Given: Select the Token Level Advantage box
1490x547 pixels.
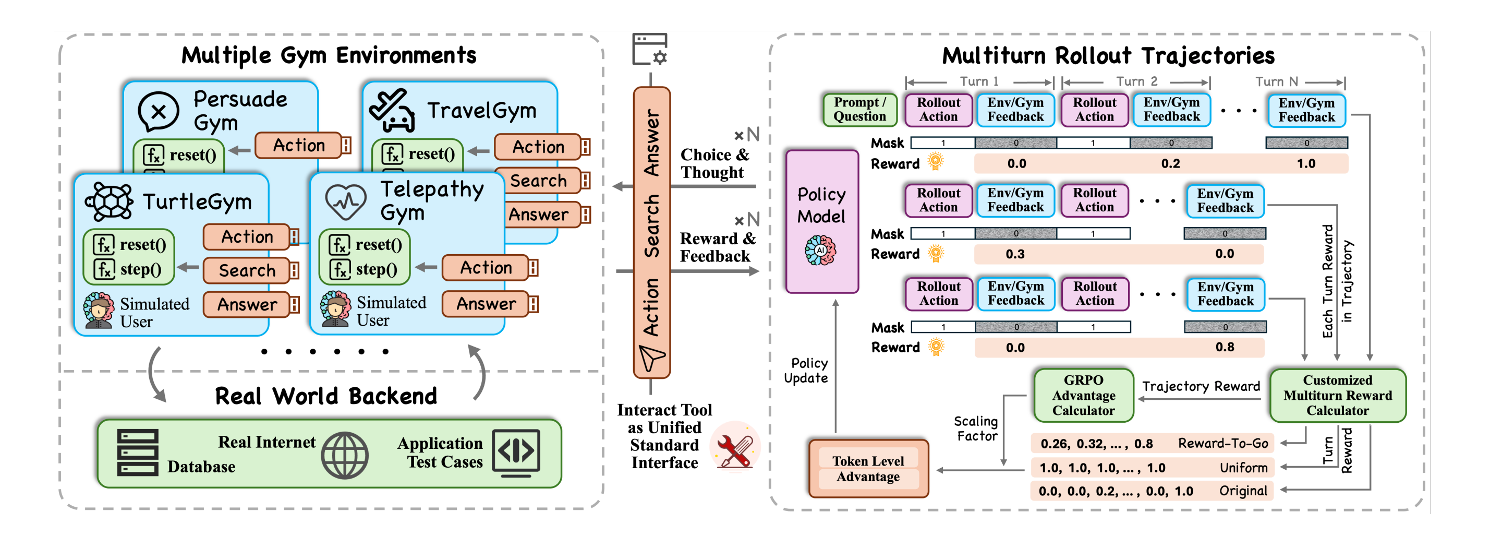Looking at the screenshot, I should (x=868, y=468).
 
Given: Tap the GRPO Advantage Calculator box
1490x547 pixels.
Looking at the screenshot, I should (x=1083, y=395).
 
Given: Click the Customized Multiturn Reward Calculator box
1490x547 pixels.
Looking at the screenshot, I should (x=1337, y=395).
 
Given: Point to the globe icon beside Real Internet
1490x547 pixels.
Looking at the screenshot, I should (x=345, y=456).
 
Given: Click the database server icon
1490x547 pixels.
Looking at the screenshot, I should (x=138, y=453).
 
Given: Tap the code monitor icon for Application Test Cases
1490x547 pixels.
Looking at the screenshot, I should (x=516, y=452).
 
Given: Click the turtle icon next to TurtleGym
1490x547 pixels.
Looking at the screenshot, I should (x=110, y=201).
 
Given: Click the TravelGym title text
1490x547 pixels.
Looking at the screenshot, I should (x=481, y=110).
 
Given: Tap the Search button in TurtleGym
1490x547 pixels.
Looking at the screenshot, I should (x=247, y=270).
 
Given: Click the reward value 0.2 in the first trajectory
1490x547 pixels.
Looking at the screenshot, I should (x=1170, y=164).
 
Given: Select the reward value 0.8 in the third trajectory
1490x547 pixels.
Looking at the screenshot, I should (x=1225, y=347).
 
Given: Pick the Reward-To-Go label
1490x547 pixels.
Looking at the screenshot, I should (x=1223, y=443).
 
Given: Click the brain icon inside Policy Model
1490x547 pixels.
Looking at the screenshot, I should (x=820, y=251).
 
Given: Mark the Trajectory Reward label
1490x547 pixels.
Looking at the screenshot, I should (x=1201, y=386).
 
